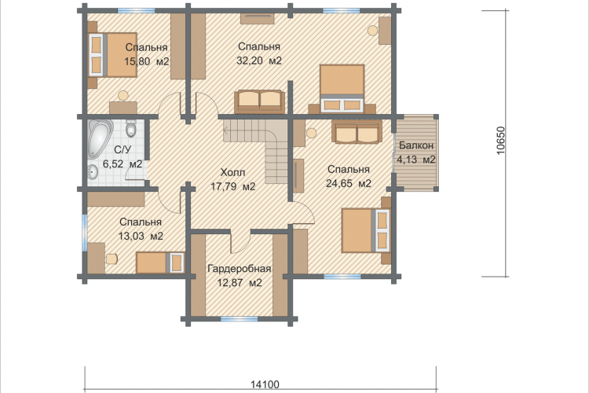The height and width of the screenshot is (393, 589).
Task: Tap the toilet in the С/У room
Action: click(x=130, y=129)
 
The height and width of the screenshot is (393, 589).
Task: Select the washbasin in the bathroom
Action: click(x=93, y=174)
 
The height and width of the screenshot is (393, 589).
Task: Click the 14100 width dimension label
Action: click(x=265, y=384)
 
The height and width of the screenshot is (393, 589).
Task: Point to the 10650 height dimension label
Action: click(x=501, y=140)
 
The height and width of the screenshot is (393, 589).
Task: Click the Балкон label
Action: click(x=416, y=145)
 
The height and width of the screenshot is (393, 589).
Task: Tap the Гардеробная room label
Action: click(x=240, y=269)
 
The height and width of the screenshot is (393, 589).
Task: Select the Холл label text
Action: click(x=232, y=173)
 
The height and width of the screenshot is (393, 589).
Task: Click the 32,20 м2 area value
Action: click(x=259, y=61)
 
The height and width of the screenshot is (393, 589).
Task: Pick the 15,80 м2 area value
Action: click(x=147, y=61)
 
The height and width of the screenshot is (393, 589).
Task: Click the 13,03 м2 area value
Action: click(x=141, y=236)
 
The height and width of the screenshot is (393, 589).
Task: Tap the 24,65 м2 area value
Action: click(x=349, y=183)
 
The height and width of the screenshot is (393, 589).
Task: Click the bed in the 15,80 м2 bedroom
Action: click(x=112, y=55)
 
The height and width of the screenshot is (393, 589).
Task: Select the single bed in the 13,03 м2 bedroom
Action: click(x=160, y=263)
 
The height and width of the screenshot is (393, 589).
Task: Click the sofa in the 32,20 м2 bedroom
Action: click(x=259, y=101)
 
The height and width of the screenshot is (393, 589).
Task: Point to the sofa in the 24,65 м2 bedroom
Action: click(x=357, y=132)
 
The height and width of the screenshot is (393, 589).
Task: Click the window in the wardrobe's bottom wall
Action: click(x=239, y=319)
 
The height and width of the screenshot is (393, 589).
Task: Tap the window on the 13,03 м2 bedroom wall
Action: click(x=85, y=233)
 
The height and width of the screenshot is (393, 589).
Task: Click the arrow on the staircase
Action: click(x=225, y=131)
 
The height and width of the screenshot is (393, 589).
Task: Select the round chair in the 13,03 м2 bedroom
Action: click(x=112, y=259)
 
